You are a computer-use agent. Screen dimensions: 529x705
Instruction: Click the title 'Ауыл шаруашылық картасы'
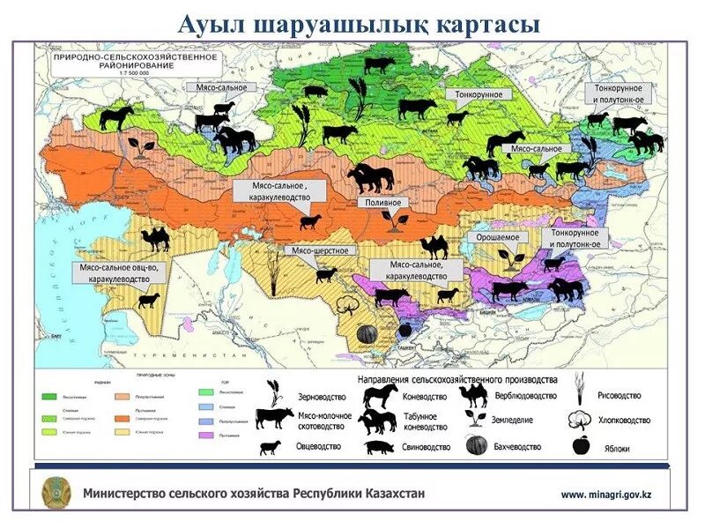point(358,24)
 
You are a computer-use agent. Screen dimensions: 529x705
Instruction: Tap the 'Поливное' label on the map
point(383,203)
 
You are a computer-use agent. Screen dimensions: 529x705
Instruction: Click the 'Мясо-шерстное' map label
point(320,251)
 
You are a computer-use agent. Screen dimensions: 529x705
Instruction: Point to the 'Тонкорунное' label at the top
point(479,93)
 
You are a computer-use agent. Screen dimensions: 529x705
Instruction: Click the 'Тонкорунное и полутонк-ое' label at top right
point(622,94)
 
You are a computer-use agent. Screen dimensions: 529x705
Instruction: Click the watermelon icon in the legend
point(477,446)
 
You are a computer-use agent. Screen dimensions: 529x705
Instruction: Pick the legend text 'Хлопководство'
point(624,421)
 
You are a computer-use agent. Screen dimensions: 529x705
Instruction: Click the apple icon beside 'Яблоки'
point(580,446)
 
